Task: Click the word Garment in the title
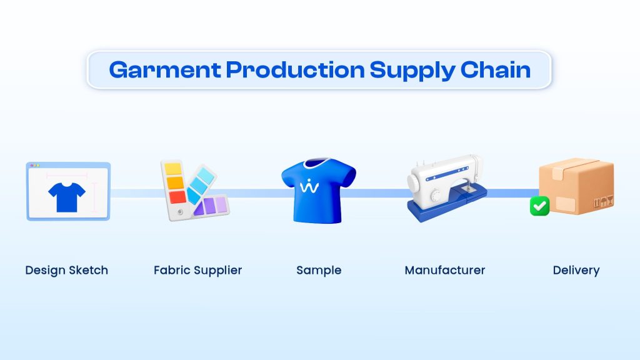165,70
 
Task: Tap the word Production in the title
296,69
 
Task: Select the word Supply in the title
412,71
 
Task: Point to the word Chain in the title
496,69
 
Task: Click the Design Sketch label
66,271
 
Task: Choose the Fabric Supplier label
198,271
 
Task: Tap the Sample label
319,271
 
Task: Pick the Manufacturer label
445,270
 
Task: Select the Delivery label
576,271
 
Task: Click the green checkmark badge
539,206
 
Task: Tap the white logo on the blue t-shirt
309,186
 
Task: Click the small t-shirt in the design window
67,197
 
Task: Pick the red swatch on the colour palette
177,197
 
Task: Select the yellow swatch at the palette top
173,169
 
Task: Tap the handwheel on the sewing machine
413,184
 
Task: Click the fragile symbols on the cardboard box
603,202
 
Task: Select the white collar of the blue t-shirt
317,163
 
